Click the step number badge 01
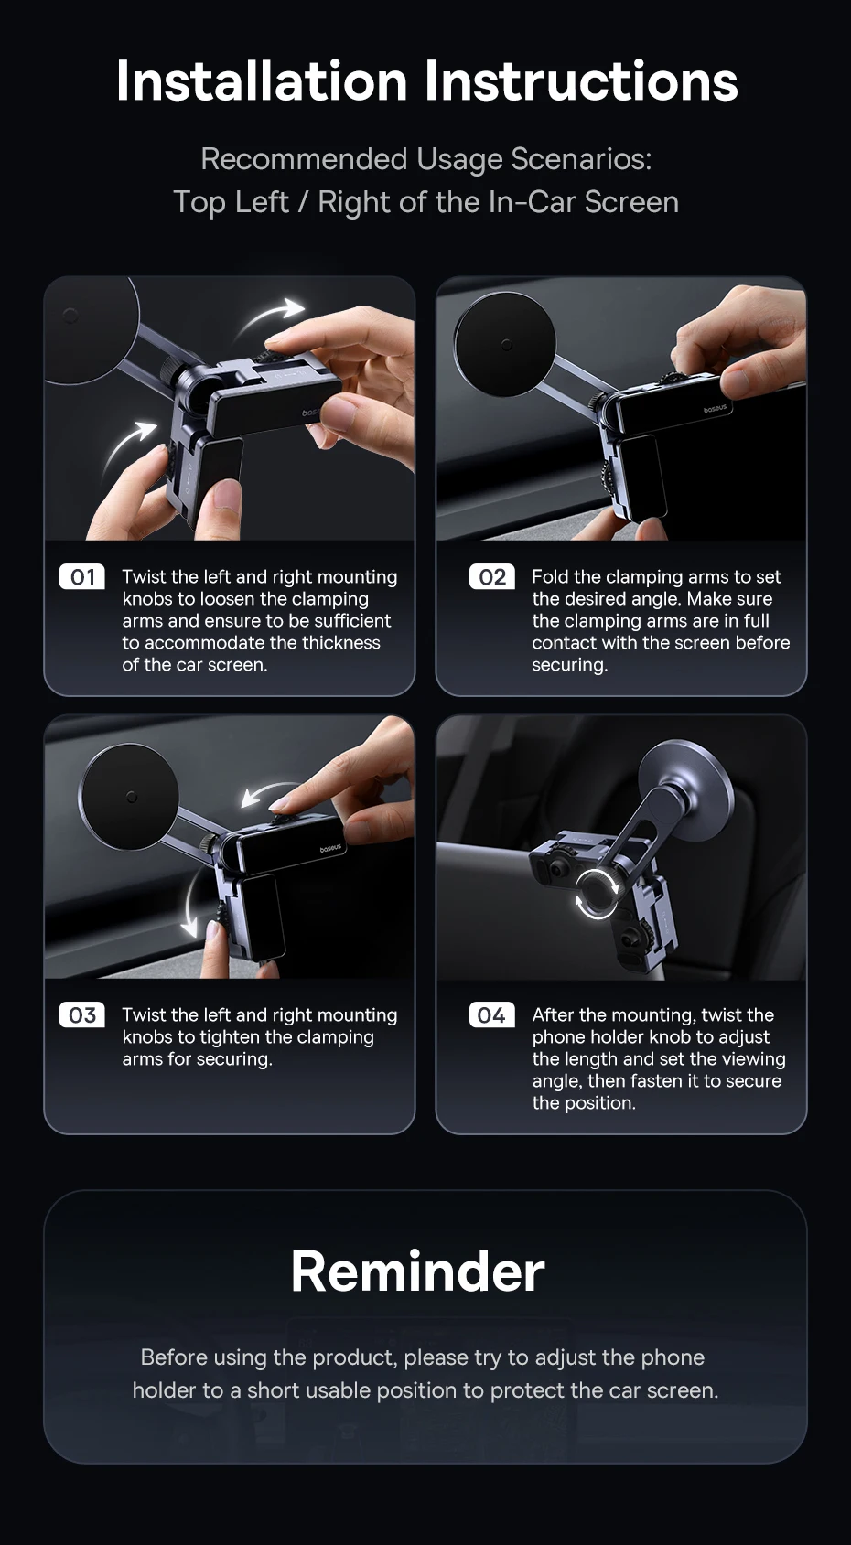82,577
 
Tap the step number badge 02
491,577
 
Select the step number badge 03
82,1015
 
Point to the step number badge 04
491,1015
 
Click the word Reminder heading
417,1271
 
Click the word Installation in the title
261,80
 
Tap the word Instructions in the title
580,80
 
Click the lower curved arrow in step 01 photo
128,445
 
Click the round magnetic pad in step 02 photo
504,342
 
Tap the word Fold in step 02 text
550,577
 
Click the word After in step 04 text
555,1015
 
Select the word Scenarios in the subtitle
580,159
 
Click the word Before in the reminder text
176,1357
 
